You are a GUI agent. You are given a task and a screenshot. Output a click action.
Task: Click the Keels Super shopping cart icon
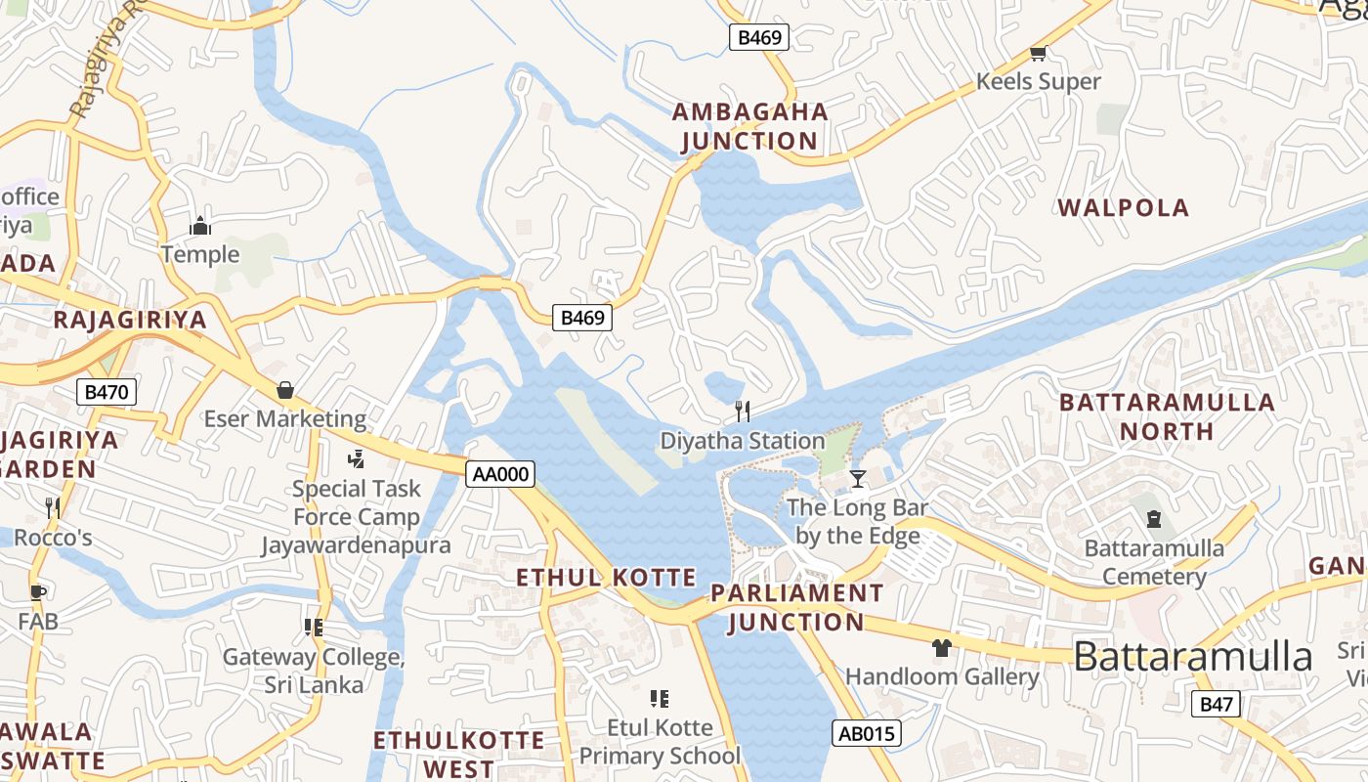coord(1038,53)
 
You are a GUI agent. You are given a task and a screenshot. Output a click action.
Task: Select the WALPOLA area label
coord(1124,207)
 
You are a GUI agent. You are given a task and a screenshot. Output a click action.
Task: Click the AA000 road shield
coord(500,475)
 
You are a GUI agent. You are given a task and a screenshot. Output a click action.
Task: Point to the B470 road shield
coord(107,393)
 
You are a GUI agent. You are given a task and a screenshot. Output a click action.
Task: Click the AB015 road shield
coord(866,733)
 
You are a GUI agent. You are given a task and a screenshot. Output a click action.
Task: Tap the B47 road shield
coord(1217,704)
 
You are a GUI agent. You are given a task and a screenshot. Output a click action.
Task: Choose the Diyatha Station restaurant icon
coord(743,411)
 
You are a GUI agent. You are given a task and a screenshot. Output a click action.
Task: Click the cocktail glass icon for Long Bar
coord(858,478)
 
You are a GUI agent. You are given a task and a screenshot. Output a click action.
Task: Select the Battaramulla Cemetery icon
coord(1153,518)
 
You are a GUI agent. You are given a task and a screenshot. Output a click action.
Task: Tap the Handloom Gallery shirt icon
coord(941,647)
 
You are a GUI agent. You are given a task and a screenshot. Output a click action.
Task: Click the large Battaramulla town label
coord(1192,657)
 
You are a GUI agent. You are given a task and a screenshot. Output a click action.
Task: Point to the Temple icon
coord(200,226)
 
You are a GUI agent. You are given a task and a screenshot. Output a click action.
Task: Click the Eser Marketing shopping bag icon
coord(285,390)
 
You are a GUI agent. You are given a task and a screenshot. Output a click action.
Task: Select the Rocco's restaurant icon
coord(53,507)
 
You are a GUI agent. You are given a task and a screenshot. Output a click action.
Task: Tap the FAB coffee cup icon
coord(38,591)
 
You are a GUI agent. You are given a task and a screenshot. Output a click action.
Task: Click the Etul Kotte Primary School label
coord(660,741)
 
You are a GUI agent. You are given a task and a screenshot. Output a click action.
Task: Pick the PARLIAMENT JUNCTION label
coord(796,607)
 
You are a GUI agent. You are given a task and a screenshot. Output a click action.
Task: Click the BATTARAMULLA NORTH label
coord(1167,416)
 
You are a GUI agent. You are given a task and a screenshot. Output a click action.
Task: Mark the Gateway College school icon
coord(314,627)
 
